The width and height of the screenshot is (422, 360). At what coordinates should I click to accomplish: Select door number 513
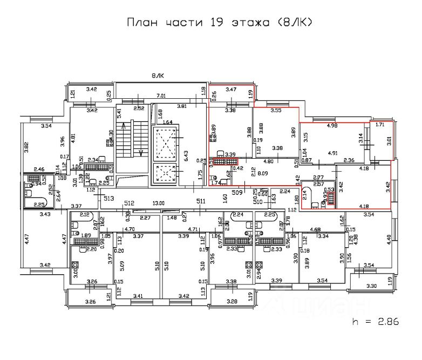coord(109,198)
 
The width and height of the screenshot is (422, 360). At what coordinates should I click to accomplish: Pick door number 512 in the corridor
coord(129,203)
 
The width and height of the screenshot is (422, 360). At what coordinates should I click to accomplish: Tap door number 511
coord(201,201)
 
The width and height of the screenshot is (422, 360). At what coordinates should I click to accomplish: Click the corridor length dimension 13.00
coord(158,203)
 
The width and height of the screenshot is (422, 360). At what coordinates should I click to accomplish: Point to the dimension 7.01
coord(161,96)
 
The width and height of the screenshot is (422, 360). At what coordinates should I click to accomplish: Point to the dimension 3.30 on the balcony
coord(371,286)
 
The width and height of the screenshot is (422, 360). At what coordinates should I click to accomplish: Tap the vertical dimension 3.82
coord(25,146)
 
